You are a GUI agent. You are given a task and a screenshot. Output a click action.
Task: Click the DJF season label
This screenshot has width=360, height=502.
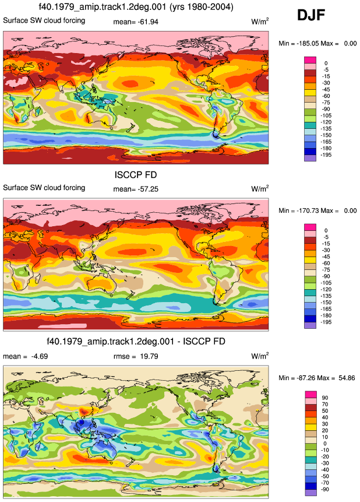311,15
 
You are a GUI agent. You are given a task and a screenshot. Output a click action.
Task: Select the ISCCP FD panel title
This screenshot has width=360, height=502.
136,175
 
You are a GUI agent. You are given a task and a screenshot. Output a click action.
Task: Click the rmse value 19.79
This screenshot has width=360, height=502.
149,356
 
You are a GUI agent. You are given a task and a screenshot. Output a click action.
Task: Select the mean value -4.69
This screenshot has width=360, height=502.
40,356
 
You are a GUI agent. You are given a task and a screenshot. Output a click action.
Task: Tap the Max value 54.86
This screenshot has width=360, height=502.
347,378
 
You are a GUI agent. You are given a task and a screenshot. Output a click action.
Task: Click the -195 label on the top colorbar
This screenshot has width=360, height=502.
326,155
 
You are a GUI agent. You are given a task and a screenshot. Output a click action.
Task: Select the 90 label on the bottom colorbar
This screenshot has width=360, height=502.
325,398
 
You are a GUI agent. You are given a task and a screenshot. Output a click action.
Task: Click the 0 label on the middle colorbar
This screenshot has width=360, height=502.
326,230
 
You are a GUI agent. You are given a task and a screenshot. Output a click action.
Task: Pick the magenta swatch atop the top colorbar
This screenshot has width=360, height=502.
310,60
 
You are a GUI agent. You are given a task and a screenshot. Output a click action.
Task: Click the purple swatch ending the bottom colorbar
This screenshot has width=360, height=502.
310,493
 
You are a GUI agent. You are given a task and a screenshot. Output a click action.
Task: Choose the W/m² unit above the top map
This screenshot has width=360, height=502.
260,22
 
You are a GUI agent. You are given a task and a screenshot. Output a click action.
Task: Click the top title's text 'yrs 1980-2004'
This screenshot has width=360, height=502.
209,7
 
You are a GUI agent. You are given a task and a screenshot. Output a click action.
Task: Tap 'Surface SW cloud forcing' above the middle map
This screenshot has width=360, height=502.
44,188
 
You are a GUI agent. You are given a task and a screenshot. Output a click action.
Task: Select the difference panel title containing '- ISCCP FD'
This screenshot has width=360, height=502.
136,341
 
